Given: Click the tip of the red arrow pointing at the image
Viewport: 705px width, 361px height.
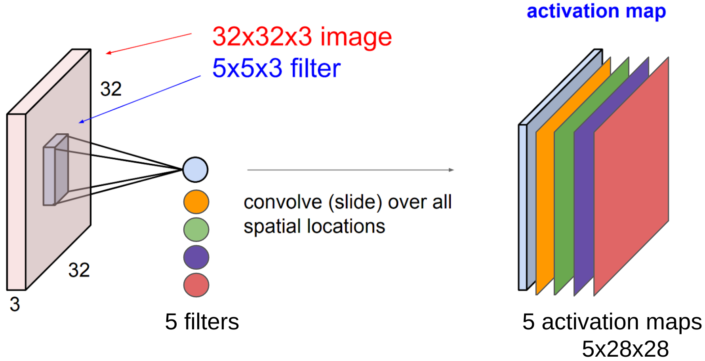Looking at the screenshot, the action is pyautogui.click(x=106, y=53).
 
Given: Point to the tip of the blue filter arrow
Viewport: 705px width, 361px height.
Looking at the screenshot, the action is pyautogui.click(x=79, y=123).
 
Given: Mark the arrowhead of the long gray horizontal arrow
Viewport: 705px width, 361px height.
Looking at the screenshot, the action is pyautogui.click(x=453, y=170).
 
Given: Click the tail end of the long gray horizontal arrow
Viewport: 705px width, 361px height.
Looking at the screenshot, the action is pyautogui.click(x=248, y=170).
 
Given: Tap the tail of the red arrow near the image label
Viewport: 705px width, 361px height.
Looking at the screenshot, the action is pyautogui.click(x=192, y=34).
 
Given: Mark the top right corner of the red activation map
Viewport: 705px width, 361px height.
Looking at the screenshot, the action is pyautogui.click(x=668, y=58).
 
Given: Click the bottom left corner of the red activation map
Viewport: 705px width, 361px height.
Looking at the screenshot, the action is pyautogui.click(x=594, y=295).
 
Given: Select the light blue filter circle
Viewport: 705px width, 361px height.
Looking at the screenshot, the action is pyautogui.click(x=195, y=170).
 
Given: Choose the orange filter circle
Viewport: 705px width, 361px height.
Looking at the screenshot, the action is pyautogui.click(x=196, y=202).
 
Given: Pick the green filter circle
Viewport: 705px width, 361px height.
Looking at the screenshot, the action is pyautogui.click(x=196, y=229).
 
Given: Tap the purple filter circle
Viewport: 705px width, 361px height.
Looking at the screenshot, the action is pyautogui.click(x=196, y=257).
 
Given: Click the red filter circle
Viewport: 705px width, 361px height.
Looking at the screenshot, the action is pyautogui.click(x=196, y=285).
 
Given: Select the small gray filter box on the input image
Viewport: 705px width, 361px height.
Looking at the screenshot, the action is pyautogui.click(x=56, y=170).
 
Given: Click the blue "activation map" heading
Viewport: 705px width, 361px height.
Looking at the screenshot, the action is pyautogui.click(x=596, y=11).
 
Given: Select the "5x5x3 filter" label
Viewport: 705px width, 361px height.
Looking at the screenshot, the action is pyautogui.click(x=276, y=68).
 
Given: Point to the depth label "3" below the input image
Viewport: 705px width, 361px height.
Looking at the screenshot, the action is pyautogui.click(x=15, y=304).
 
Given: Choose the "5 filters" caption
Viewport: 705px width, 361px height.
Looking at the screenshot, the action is pyautogui.click(x=202, y=321).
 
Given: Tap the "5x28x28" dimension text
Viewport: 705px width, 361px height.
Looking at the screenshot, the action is pyautogui.click(x=625, y=349).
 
